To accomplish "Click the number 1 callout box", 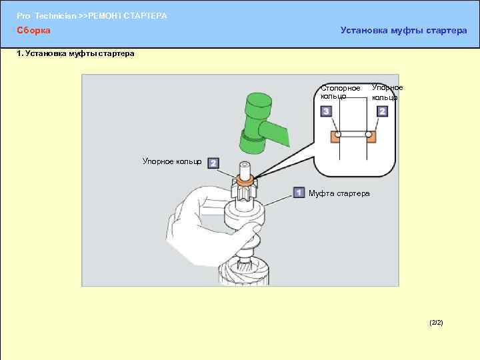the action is click(299, 193).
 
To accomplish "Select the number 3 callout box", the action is click(327, 111).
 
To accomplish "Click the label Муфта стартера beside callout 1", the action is click(339, 193).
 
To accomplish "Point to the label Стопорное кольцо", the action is click(340, 92).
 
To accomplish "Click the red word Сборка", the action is click(33, 30).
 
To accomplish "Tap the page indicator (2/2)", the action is click(436, 323).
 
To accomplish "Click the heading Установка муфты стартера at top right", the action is click(403, 30).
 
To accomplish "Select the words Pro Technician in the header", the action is click(46, 15).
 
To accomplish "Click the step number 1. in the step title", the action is click(20, 53).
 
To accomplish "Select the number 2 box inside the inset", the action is click(382, 111).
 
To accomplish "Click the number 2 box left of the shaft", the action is click(213, 163).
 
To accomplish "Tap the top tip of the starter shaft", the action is click(244, 165).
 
